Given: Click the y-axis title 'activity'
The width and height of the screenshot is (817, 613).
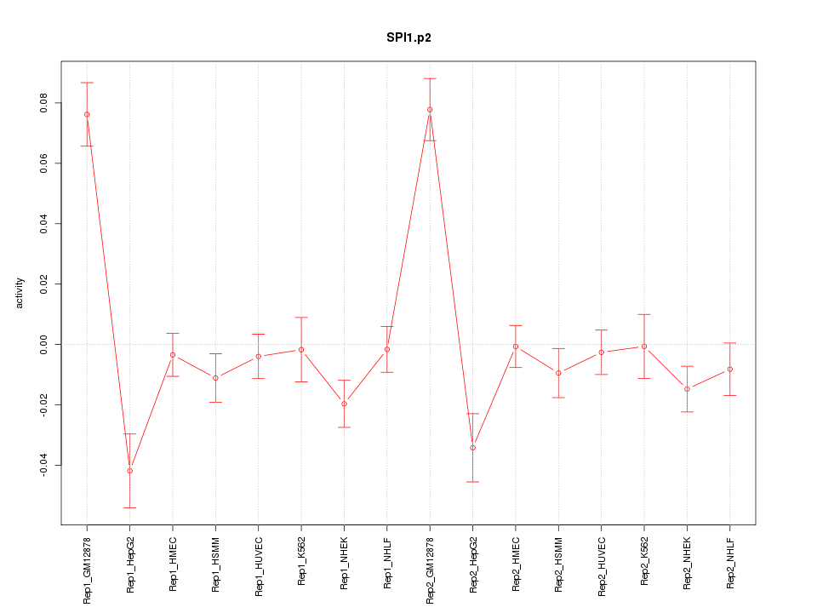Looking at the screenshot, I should (20, 294).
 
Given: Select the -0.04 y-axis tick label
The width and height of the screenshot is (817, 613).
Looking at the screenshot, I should (44, 465).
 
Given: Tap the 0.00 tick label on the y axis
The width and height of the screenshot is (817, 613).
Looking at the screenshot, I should (44, 344).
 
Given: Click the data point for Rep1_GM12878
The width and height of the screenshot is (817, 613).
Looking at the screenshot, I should (87, 114).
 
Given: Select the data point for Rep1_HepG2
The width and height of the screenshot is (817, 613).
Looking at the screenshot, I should (129, 471).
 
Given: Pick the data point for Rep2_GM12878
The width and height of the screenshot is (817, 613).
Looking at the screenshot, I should (430, 109).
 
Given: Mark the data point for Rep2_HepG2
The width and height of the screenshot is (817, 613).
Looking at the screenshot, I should (472, 448).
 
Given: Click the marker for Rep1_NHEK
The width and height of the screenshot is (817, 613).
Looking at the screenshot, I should (344, 404).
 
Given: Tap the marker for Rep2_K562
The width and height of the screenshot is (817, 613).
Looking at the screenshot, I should (644, 347).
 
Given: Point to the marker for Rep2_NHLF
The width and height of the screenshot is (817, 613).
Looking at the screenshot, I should (730, 369).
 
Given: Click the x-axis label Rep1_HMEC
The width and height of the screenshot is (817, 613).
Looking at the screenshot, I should (173, 564).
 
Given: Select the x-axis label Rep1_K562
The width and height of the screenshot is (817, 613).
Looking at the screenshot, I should (301, 563).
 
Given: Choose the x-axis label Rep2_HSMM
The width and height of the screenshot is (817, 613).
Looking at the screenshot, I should (558, 564).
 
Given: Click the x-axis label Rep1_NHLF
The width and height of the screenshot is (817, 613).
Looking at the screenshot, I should (387, 563).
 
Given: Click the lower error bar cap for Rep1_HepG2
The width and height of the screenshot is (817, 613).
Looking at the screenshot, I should (129, 507).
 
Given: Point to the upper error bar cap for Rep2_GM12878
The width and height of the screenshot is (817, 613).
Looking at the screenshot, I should (430, 78).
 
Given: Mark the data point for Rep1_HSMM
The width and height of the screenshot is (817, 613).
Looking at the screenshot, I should (215, 378).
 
